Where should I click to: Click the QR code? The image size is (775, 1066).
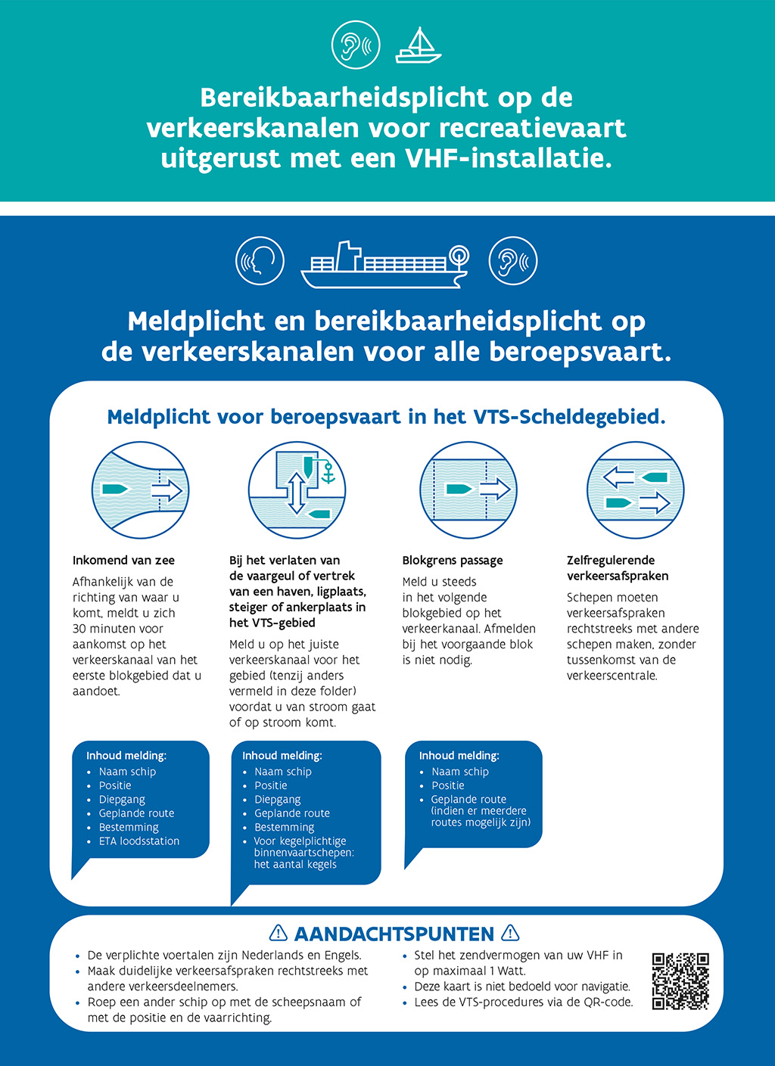(x=680, y=981)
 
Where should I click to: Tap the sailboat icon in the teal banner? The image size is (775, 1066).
(x=418, y=46)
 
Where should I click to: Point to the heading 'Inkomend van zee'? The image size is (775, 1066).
(x=123, y=561)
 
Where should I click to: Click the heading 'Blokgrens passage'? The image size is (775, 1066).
(x=452, y=561)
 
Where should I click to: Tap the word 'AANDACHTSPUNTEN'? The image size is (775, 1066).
(x=394, y=934)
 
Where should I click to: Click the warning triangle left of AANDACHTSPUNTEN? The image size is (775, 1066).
(x=279, y=934)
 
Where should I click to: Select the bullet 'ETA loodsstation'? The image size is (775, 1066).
(x=139, y=841)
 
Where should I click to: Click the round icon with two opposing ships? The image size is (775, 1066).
(x=635, y=490)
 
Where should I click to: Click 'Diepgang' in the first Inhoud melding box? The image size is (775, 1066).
(x=122, y=800)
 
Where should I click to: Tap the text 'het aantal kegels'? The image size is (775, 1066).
(x=295, y=865)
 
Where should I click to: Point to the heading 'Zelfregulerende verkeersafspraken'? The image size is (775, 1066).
(x=617, y=568)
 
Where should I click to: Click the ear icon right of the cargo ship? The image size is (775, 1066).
(x=513, y=261)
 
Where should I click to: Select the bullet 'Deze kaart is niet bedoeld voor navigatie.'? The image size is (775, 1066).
(x=522, y=987)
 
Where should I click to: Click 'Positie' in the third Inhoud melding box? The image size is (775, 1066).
(x=448, y=785)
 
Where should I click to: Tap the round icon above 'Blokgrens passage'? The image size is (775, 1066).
(x=468, y=490)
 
